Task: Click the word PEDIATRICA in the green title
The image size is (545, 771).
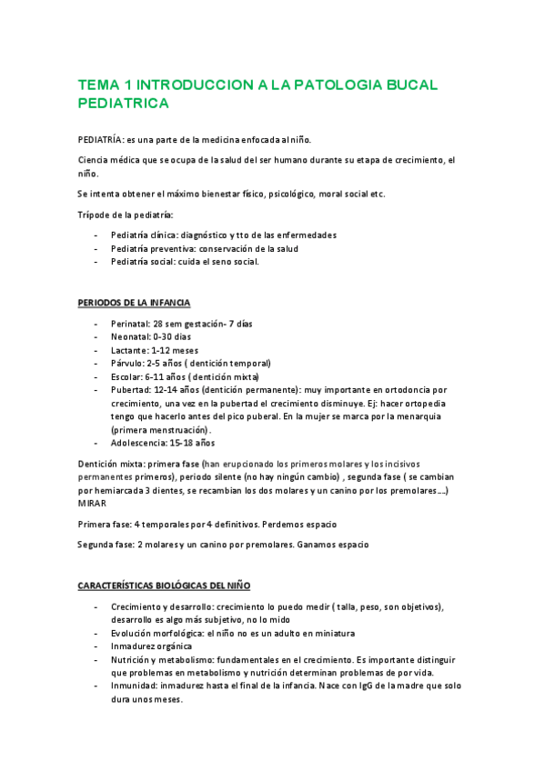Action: click(x=124, y=104)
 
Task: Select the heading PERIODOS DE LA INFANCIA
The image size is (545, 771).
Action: click(x=134, y=303)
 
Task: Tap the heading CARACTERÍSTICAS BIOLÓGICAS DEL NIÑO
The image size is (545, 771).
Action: click(x=164, y=586)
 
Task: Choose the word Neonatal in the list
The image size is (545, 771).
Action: click(x=131, y=336)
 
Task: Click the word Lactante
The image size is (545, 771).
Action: click(x=130, y=350)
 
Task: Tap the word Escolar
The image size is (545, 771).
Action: click(x=127, y=376)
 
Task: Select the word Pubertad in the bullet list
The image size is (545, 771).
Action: click(x=131, y=389)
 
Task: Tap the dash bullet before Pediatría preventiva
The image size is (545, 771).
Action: click(x=96, y=248)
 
